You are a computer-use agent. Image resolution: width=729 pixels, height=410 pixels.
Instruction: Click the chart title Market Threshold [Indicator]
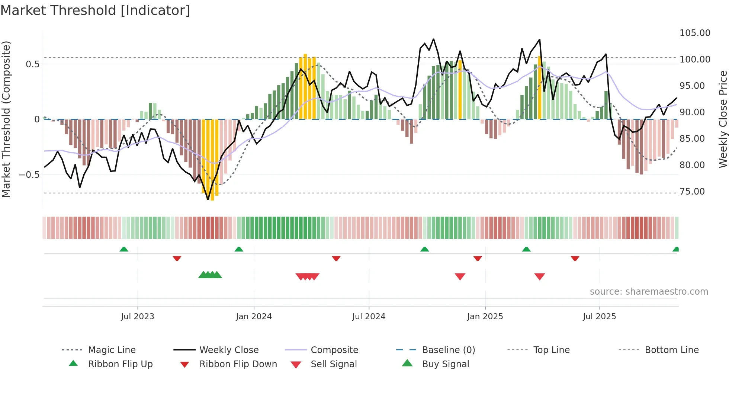95,10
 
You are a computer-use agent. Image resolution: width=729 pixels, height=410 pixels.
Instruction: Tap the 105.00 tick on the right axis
695,33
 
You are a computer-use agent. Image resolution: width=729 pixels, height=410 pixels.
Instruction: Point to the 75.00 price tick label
692,192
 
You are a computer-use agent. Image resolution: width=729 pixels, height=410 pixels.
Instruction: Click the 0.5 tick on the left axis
32,64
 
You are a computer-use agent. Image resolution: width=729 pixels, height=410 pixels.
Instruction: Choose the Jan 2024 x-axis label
254,317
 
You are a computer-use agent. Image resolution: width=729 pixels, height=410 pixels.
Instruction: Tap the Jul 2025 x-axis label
599,317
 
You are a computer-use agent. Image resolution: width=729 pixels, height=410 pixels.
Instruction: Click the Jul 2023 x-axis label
137,317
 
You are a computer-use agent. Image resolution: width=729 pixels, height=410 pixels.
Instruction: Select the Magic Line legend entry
112,350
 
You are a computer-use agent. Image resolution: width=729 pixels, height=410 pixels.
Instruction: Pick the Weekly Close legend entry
229,350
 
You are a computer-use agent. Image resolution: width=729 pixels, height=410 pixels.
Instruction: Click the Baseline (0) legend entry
448,350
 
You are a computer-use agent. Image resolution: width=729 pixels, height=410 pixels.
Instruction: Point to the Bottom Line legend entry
671,350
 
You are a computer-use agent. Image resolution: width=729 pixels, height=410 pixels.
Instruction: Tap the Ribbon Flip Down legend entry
238,364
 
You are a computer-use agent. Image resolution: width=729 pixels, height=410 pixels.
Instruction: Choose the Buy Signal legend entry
445,364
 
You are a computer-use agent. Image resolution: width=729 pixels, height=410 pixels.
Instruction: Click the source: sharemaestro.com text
649,292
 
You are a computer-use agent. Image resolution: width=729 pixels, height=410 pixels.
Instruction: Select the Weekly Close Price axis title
723,119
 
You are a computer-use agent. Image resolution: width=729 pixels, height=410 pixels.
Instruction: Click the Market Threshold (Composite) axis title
6,119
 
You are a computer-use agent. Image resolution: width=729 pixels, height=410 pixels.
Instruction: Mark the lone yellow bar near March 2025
540,88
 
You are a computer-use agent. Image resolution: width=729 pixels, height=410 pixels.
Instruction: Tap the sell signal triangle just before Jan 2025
460,276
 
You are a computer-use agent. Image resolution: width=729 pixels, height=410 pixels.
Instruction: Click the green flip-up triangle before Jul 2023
124,249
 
